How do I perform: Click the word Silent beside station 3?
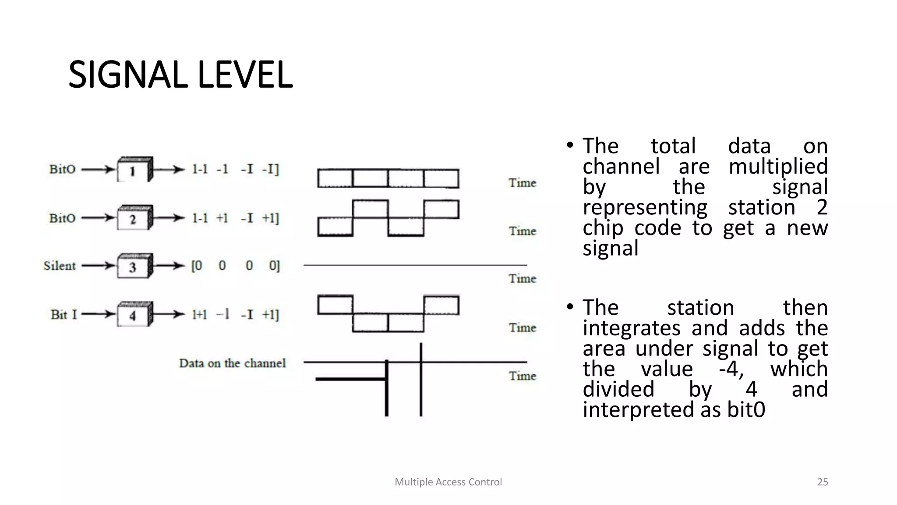tap(60, 266)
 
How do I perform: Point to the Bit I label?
tap(64, 314)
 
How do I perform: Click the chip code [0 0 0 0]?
tap(235, 266)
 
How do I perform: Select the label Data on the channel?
tap(232, 363)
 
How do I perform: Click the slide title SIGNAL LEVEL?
tap(180, 75)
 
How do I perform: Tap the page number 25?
tap(823, 482)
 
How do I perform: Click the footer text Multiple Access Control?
tap(448, 482)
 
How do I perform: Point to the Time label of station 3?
tap(522, 278)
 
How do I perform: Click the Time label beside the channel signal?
tap(522, 376)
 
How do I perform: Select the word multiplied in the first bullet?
tap(778, 167)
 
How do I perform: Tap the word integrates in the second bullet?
tap(632, 328)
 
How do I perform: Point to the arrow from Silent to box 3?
tap(98, 266)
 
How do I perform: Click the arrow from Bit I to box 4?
tap(98, 314)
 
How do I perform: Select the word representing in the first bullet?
tap(645, 207)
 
